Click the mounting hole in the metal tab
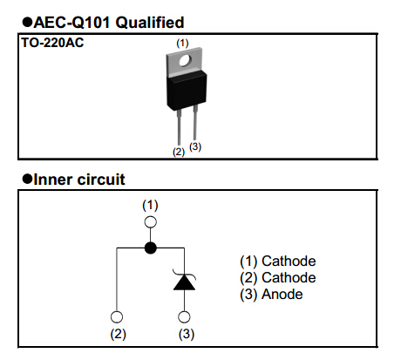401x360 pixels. pos(182,60)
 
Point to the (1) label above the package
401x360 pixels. pos(182,42)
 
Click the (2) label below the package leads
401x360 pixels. pos(179,152)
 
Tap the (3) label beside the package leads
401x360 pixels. pos(195,146)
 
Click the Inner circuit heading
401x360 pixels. pos(78,180)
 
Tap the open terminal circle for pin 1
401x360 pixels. pos(150,223)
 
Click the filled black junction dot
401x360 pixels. pos(150,248)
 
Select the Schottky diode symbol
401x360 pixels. pos(184,281)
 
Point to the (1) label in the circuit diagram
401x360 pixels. pos(150,205)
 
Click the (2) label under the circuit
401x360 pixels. pos(116,334)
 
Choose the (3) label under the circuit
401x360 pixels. pos(184,334)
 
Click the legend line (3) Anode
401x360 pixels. pos(271,295)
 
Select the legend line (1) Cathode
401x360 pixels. pos(277,262)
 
